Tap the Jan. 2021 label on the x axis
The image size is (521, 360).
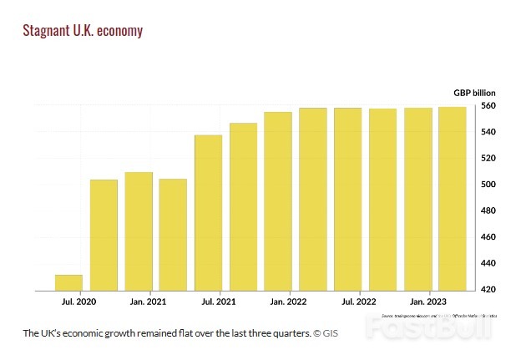point(148,301)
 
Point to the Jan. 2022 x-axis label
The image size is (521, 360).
point(288,301)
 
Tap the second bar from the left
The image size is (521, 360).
point(104,235)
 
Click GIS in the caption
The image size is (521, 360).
point(331,333)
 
